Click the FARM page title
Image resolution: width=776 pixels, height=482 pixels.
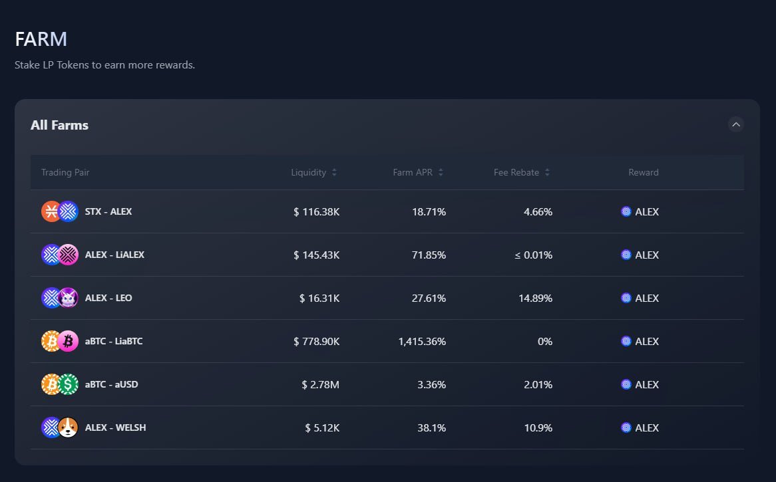click(41, 39)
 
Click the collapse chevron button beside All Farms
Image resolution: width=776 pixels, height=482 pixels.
click(735, 124)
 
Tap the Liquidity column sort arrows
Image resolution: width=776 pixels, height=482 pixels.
click(334, 173)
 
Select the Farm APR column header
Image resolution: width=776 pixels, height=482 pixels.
click(413, 172)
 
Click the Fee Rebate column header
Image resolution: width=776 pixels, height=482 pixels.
click(516, 172)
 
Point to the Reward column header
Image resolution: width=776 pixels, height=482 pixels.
click(643, 172)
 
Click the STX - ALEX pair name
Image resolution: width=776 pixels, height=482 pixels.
click(108, 211)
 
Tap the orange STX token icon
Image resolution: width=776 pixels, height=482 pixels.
click(51, 211)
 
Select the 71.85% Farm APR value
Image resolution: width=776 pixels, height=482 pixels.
click(429, 255)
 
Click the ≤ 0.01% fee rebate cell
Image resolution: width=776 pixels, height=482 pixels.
click(533, 255)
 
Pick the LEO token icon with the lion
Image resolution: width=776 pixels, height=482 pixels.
click(68, 298)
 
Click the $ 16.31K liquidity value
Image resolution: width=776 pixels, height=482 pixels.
click(319, 298)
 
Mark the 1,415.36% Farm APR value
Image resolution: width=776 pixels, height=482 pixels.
click(422, 341)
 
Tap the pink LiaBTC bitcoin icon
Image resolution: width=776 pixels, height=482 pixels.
click(68, 341)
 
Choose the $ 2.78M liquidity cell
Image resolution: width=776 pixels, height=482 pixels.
click(320, 384)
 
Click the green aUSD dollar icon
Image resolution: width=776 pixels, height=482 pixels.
click(68, 384)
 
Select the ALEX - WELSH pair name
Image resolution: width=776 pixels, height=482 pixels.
click(115, 427)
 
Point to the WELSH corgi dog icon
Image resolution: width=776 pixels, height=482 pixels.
click(68, 427)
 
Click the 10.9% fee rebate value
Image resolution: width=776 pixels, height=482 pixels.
click(538, 427)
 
